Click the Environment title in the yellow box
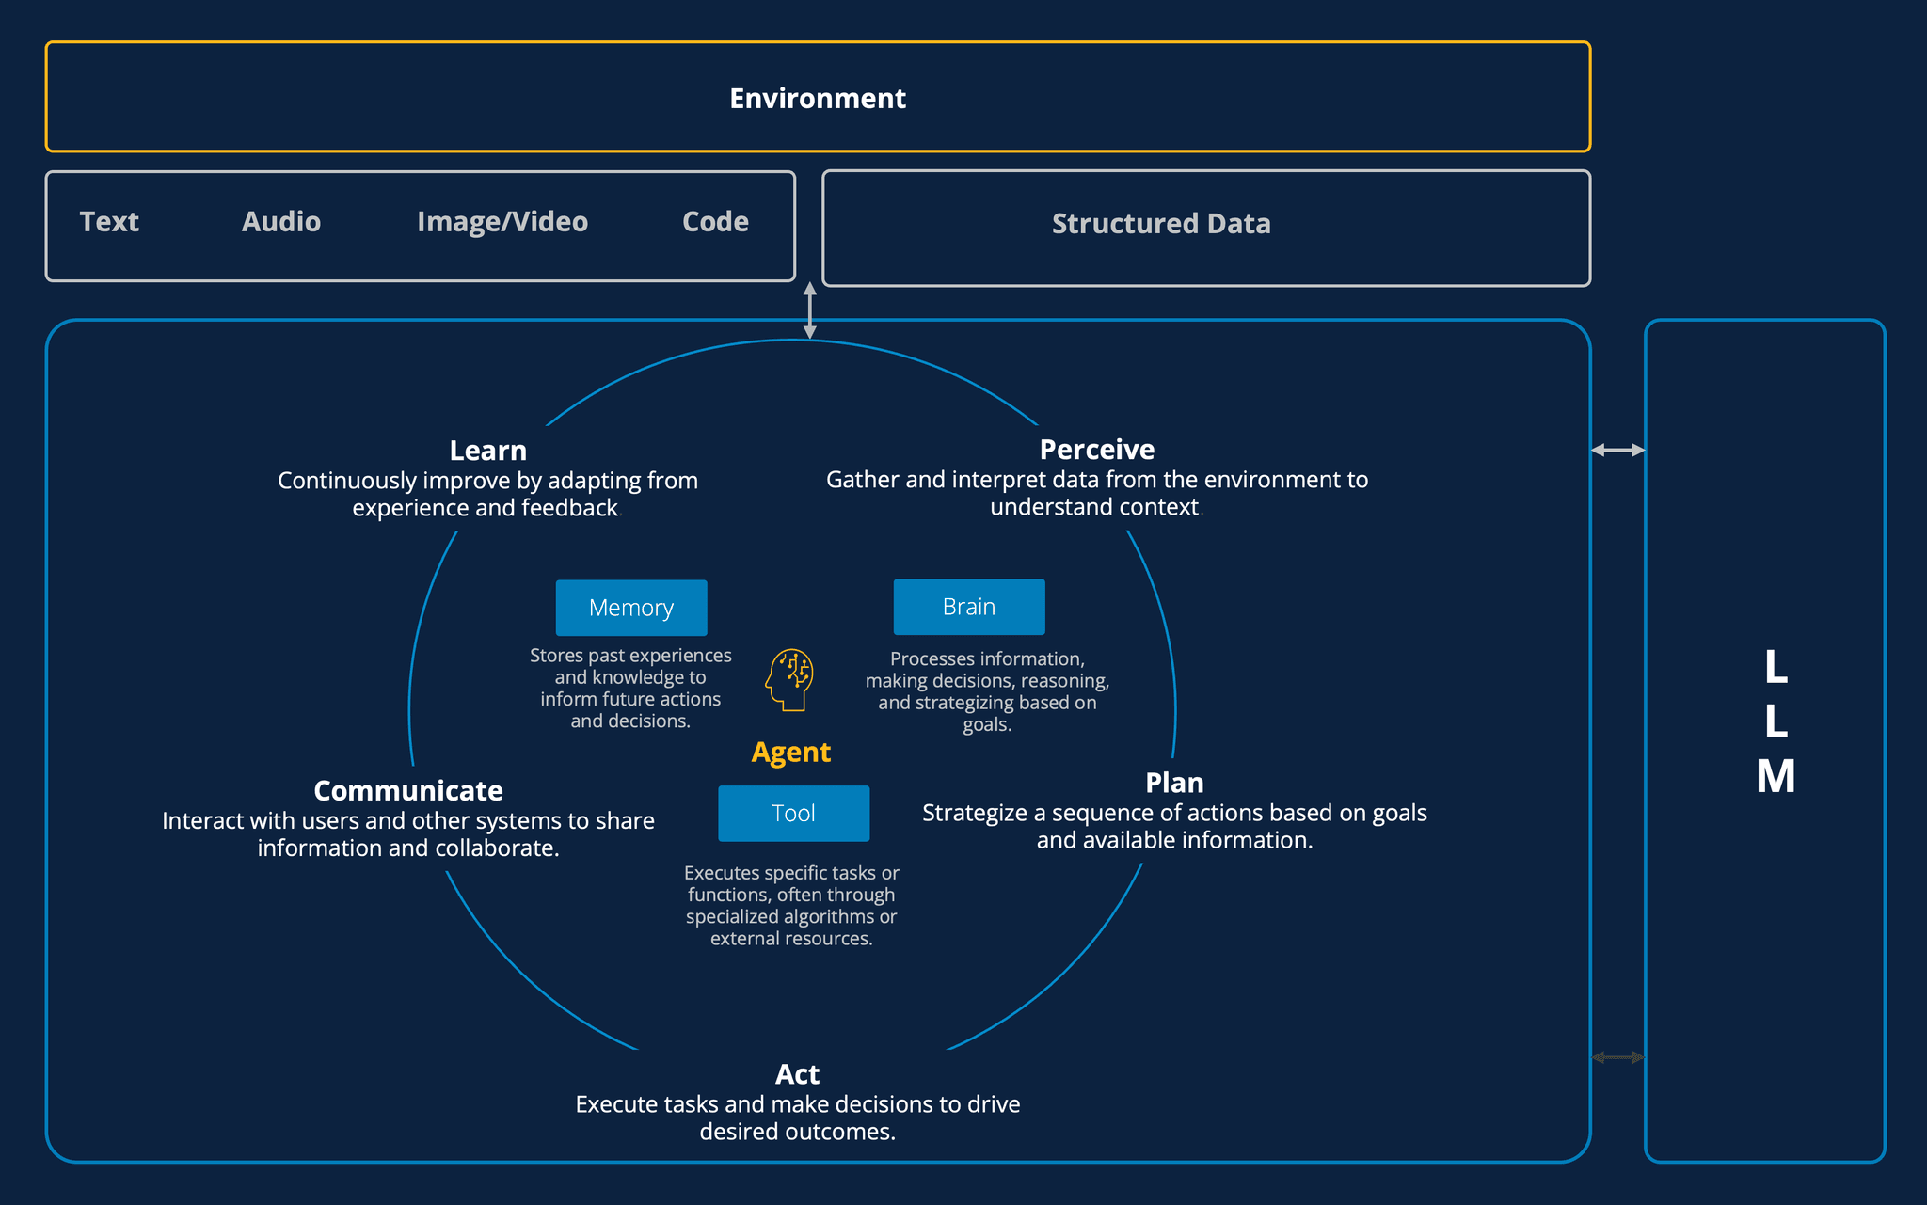[x=817, y=98]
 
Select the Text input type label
[x=109, y=221]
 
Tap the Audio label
[x=280, y=221]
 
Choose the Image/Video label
[x=502, y=221]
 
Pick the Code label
[x=715, y=221]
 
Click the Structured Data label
[x=1160, y=224]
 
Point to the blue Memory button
[x=630, y=608]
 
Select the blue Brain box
[x=968, y=607]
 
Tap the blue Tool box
[x=793, y=813]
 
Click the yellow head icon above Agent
[x=789, y=679]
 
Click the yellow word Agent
[x=790, y=752]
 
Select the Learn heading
[x=487, y=451]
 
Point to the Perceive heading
[x=1096, y=450]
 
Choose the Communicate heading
[x=407, y=790]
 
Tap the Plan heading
[x=1173, y=783]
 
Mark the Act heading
[x=797, y=1074]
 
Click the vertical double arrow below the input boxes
[x=809, y=309]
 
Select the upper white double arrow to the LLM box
[x=1617, y=450]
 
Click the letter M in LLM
[x=1775, y=777]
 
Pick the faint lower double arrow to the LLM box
[x=1617, y=1057]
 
